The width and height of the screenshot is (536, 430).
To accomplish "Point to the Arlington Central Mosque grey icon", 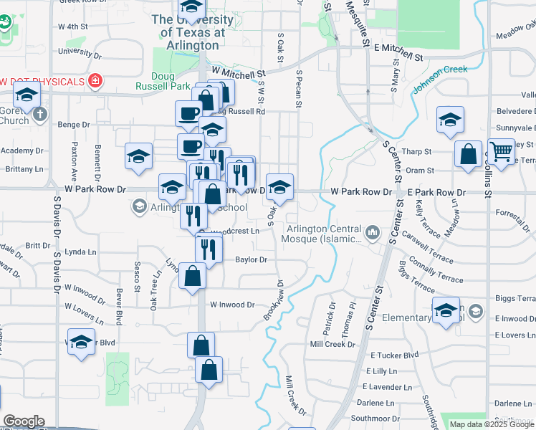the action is pos(373,233).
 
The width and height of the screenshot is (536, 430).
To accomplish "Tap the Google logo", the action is pos(24,421).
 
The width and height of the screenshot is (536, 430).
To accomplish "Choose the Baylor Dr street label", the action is pos(251,259).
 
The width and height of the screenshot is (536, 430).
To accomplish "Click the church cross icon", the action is pos(41,113).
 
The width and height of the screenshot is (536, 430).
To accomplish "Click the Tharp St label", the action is pos(416,152).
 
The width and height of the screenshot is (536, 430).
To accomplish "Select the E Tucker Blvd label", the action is pos(394,355).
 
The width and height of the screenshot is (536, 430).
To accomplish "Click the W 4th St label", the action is pos(73,27).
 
